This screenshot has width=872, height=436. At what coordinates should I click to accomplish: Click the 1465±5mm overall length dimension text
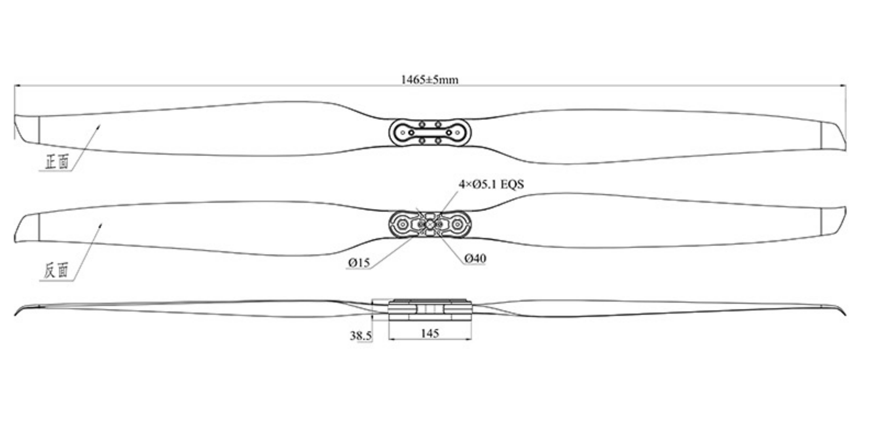(429, 80)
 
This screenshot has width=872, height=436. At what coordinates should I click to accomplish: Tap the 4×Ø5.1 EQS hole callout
(491, 184)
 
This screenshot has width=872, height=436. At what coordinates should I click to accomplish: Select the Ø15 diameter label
(359, 262)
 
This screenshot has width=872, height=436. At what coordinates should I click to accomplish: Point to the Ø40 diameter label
(475, 259)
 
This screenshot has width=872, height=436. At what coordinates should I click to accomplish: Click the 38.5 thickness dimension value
(361, 336)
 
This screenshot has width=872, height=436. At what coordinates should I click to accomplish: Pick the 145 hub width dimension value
(430, 333)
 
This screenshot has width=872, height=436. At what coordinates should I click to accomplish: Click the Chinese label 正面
(57, 162)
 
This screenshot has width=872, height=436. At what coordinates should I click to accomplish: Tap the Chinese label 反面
(56, 270)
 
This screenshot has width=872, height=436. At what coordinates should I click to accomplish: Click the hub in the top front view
(430, 132)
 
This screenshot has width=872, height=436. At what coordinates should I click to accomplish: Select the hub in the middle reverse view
(430, 224)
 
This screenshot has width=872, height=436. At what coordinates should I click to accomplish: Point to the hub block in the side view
(430, 310)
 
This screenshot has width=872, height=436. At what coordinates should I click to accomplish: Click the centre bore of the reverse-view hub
(430, 224)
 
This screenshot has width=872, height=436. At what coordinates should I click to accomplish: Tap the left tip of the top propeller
(15, 126)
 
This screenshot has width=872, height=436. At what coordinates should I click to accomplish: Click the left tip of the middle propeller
(15, 229)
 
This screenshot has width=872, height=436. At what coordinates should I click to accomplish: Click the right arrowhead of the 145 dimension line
(470, 338)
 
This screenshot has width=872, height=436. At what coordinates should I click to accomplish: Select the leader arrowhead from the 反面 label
(100, 225)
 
